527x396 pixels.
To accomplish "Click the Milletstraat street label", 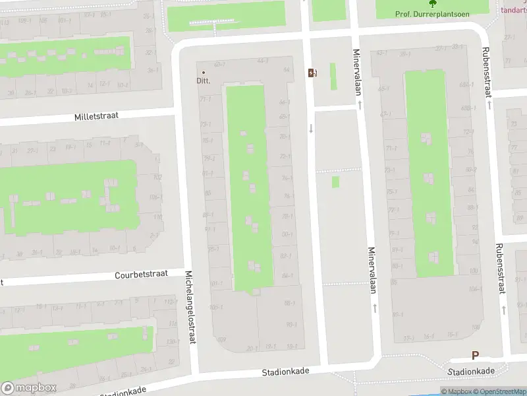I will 96,115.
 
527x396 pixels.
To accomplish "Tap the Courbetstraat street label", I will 141,274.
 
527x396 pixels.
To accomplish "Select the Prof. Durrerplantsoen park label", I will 433,14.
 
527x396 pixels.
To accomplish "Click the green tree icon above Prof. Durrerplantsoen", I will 433,4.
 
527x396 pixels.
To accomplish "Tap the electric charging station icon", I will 312,73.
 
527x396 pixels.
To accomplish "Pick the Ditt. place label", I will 203,81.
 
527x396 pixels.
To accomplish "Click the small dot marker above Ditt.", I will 203,72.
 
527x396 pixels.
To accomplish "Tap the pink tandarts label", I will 514,10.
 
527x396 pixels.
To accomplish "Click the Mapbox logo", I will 29,388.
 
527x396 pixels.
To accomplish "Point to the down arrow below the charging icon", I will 311,128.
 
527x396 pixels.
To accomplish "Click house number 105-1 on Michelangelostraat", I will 216,308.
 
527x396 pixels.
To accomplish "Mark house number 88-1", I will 289,303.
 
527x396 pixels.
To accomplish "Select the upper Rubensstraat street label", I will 488,73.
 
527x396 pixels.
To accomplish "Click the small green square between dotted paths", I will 335,181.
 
